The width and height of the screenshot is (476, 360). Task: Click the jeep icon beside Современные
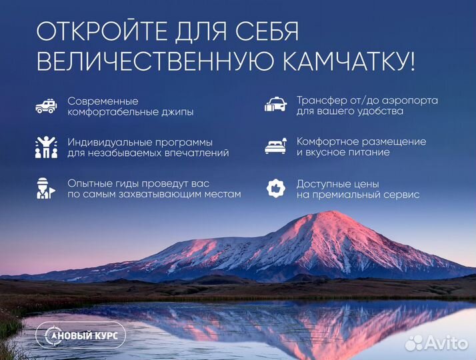point(46,106)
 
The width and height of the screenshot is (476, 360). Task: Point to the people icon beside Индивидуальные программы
point(46,147)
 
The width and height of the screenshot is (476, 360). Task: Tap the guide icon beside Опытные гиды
point(45,189)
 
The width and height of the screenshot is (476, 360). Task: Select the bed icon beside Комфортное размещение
point(276,147)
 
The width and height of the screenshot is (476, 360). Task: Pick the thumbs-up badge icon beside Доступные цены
point(275,189)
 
